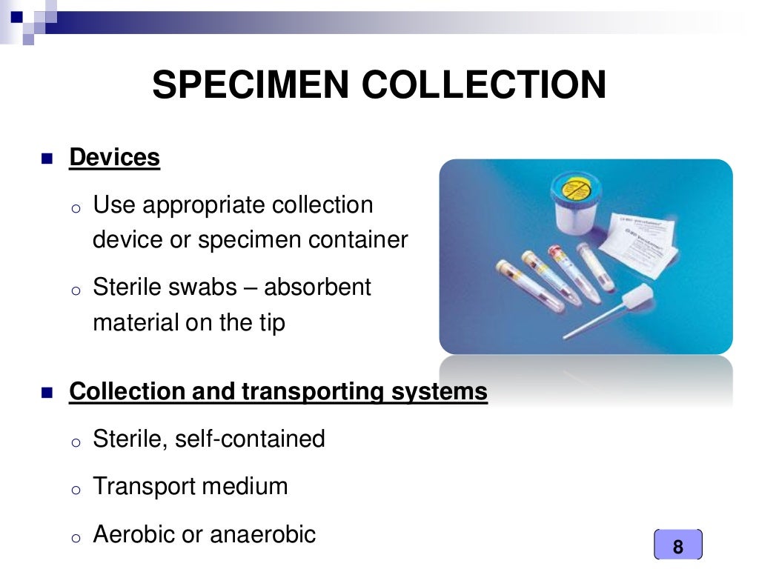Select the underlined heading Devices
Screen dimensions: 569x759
[x=114, y=157]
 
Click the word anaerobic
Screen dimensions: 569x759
[x=263, y=533]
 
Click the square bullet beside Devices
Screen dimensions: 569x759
[x=48, y=159]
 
